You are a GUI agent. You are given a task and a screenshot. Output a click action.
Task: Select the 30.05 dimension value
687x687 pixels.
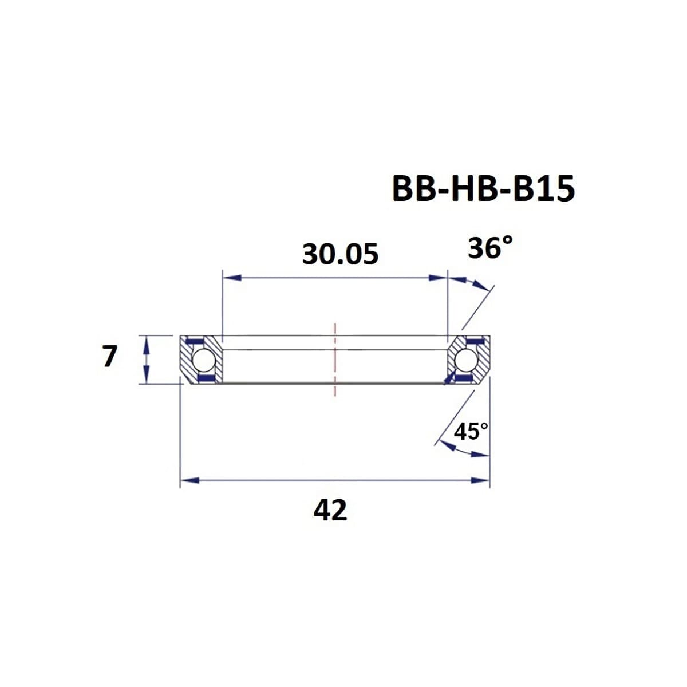(x=340, y=254)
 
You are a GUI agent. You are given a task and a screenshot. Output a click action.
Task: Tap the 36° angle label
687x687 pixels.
(x=489, y=248)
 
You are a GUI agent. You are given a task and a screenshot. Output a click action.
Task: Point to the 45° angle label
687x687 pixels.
(x=471, y=431)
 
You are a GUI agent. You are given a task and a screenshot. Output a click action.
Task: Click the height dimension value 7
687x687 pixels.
(x=109, y=356)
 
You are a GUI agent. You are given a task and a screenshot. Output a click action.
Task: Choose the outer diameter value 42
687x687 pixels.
(x=330, y=510)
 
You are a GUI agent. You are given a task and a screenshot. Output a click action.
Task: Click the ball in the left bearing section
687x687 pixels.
(x=203, y=360)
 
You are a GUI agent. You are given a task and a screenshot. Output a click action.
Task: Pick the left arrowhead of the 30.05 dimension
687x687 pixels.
(x=230, y=278)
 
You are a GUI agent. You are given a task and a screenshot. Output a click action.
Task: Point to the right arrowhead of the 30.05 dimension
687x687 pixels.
(x=438, y=278)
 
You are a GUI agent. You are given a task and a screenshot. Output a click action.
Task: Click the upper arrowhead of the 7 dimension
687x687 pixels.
(x=147, y=342)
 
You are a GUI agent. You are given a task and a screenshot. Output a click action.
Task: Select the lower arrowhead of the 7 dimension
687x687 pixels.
(x=147, y=377)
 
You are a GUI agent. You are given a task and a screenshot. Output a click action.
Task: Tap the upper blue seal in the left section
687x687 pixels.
(x=196, y=342)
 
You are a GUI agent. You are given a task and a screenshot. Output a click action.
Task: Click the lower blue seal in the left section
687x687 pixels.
(x=204, y=378)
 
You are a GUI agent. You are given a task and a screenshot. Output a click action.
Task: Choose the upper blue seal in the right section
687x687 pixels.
(x=473, y=342)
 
